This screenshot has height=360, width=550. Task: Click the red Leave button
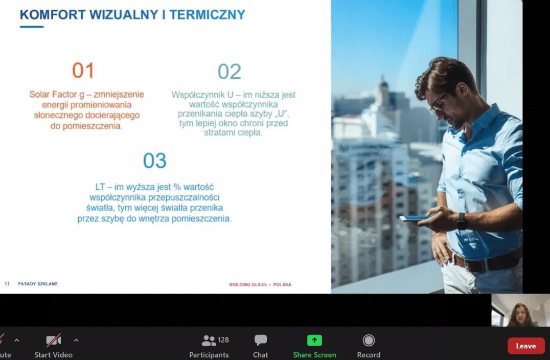tap(526, 346)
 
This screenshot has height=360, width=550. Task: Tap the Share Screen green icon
tap(314, 341)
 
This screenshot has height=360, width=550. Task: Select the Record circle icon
tap(369, 341)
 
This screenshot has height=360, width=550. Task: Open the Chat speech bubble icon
tap(261, 340)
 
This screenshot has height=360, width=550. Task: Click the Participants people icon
tap(209, 341)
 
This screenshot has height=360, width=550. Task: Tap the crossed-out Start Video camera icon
tap(53, 341)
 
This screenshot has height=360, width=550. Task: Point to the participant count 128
tap(223, 340)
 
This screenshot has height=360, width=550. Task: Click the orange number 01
tap(83, 70)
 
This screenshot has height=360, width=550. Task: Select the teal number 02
tap(230, 72)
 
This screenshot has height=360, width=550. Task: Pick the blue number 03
tap(155, 161)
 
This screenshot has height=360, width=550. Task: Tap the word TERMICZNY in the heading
tap(208, 15)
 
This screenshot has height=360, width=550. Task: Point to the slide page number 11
tap(7, 284)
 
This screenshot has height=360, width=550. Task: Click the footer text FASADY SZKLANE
tap(38, 284)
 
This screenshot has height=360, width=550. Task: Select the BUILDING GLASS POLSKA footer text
tap(260, 284)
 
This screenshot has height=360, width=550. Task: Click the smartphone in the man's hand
tap(415, 218)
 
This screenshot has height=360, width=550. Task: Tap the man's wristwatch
tap(462, 221)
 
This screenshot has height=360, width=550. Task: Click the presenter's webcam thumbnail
tap(520, 310)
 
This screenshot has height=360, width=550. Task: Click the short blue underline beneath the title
tap(32, 27)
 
